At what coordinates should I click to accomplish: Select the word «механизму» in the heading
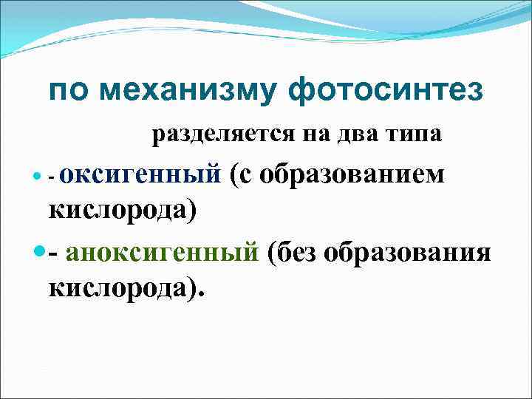pos(188,92)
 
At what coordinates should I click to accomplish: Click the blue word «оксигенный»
pos(140,175)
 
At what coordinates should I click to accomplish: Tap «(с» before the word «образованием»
pos(243,175)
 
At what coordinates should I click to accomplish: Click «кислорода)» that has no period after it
pos(123,210)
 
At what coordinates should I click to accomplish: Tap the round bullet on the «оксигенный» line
pos(38,178)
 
